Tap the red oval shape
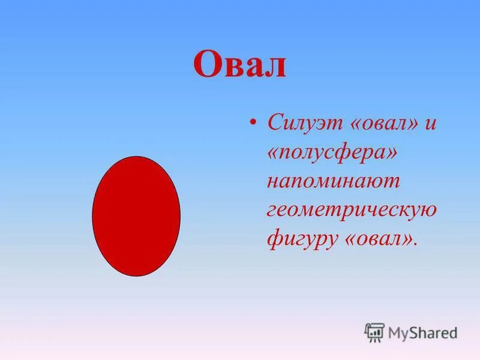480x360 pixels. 136,216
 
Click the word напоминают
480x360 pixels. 334,181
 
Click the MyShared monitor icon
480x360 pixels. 374,332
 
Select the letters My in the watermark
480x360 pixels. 398,332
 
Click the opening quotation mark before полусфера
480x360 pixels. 274,154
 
